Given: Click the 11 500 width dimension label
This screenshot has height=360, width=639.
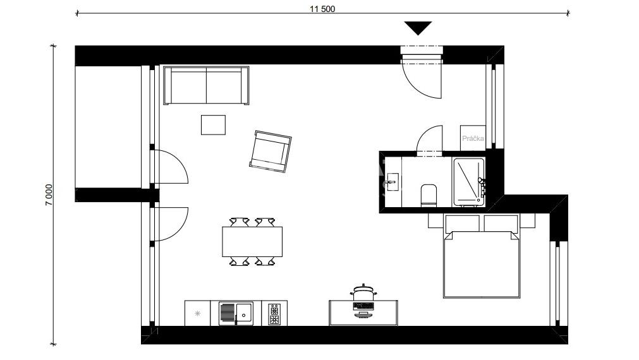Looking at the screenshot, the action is pos(322,9).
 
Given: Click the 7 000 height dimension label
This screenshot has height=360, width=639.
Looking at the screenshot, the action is pos(49,195).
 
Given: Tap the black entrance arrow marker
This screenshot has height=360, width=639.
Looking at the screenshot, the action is pos(418,28).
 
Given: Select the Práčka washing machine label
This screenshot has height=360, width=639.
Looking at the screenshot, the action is pos(473,138).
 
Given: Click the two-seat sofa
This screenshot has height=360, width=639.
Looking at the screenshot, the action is pos(206,85).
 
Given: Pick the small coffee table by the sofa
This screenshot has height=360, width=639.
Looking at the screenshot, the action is pos(213,124).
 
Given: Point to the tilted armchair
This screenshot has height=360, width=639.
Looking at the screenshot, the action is pos(270,152).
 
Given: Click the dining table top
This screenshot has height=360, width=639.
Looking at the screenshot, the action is pos(252,241).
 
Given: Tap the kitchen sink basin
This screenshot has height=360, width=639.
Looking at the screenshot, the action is pos(245,313).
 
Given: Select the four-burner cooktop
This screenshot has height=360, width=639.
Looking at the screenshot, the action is pos(274,314).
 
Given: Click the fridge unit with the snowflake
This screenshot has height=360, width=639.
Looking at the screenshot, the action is pos(198,313).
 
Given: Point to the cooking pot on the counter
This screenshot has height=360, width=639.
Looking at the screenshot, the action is pos(363,292).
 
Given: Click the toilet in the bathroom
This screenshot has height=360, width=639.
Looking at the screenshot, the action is pos(429,196).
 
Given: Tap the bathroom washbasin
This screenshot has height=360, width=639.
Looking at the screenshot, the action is pos(393,182).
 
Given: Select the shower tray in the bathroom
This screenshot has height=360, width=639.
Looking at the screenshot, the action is pos(468,182).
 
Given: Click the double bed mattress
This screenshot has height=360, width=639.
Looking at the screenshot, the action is pos(481,265).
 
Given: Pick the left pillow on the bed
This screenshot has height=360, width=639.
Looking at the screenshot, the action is pos(463,224).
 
